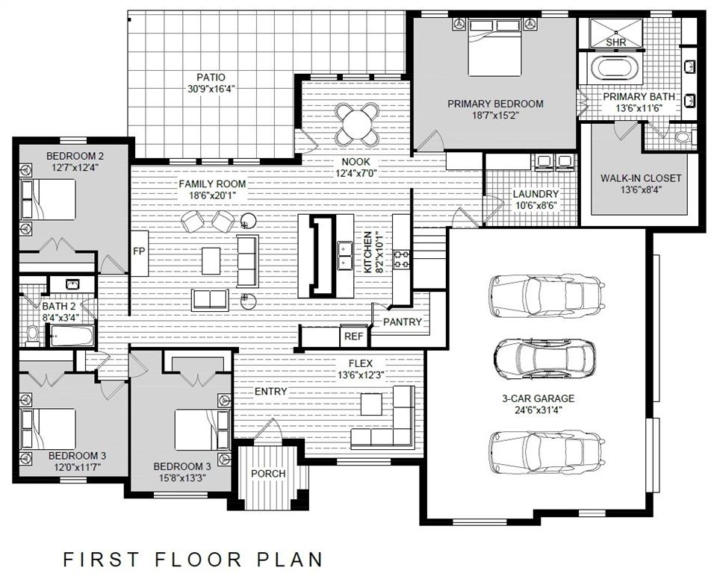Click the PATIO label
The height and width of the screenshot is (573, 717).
point(211,77)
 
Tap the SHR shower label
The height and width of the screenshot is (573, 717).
point(615,43)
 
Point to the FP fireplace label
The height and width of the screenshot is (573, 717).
point(139,251)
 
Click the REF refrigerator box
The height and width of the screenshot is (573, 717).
point(354,336)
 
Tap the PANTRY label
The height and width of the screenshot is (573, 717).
point(403,322)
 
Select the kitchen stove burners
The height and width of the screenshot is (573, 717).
point(402,259)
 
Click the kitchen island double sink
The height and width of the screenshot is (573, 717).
point(345,255)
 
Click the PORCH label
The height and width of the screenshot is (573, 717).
point(268,473)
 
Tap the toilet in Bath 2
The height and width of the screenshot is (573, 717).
point(34,333)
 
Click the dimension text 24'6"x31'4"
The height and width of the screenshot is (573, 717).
point(532,410)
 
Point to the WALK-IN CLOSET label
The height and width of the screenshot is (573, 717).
point(641,178)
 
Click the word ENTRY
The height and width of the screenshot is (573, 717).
point(270,392)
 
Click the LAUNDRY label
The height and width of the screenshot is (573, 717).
point(536,194)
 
